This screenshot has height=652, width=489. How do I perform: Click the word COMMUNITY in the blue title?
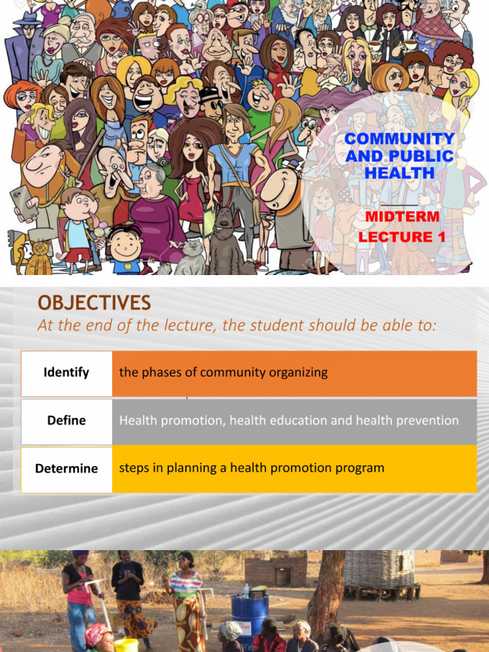pyautogui.click(x=399, y=139)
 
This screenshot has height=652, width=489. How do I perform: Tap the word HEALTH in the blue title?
pyautogui.click(x=399, y=173)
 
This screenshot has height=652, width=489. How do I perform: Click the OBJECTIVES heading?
pyautogui.click(x=94, y=303)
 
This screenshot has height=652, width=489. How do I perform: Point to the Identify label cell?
pyautogui.click(x=66, y=373)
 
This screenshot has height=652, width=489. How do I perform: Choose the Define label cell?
pyautogui.click(x=66, y=421)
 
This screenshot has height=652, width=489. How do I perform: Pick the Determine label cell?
pyautogui.click(x=66, y=469)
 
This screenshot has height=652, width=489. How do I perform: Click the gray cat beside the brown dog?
pyautogui.click(x=190, y=258)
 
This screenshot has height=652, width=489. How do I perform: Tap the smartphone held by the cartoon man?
pyautogui.click(x=23, y=202)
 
